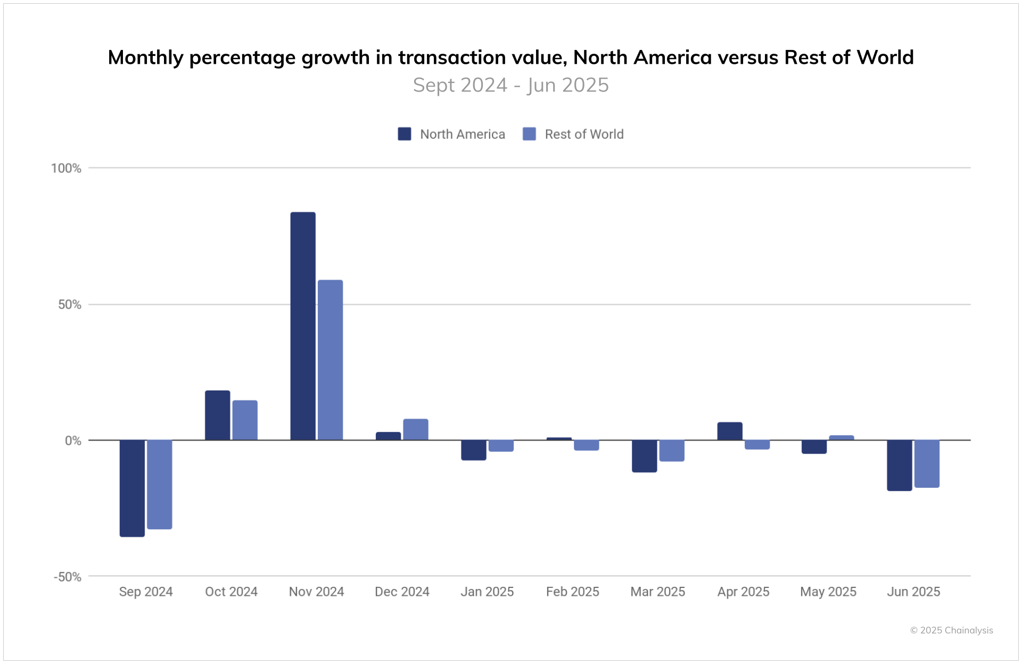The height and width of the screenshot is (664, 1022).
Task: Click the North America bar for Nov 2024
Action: tap(303, 326)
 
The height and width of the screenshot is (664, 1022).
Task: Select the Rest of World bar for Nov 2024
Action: tap(330, 360)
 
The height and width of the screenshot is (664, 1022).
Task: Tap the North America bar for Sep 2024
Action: tap(132, 488)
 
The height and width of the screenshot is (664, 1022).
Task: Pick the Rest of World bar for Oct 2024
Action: tap(245, 420)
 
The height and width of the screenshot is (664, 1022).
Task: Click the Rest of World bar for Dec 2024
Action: tap(415, 429)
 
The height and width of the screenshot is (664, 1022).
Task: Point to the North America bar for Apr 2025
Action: tap(730, 431)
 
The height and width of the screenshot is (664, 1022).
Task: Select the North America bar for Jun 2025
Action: tap(899, 465)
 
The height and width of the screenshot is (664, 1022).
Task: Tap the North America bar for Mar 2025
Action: tap(644, 456)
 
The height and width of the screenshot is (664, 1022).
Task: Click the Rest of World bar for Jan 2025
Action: tap(501, 446)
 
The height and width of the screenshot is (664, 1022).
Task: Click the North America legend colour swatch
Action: tap(405, 134)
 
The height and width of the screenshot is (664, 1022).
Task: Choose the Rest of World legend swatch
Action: tap(529, 134)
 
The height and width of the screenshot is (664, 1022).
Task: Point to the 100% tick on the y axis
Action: tap(66, 169)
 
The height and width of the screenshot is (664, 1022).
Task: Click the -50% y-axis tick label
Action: tap(68, 577)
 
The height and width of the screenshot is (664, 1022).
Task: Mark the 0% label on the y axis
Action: tap(73, 441)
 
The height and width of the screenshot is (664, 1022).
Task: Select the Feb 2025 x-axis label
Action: tap(572, 592)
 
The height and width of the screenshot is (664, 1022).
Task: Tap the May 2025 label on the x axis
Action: tap(828, 592)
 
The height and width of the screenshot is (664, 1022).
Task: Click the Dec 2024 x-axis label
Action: tap(402, 592)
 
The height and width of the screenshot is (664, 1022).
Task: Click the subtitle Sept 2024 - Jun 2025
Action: tap(510, 85)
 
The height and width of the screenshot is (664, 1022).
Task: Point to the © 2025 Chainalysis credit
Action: tap(951, 630)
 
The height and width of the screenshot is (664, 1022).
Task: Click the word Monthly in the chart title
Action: tap(145, 57)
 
